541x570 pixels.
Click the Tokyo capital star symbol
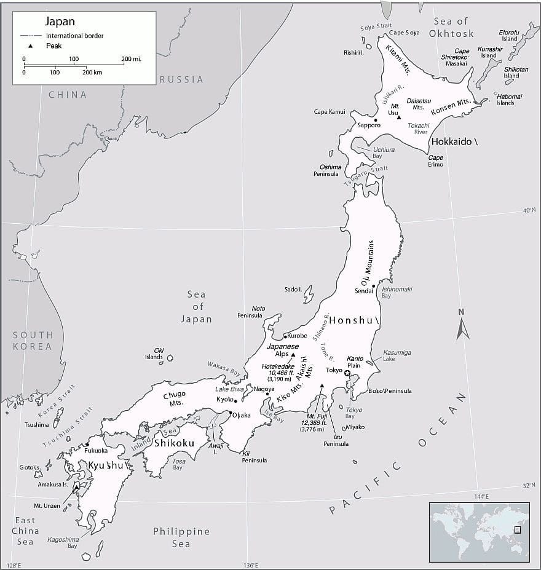[x=347, y=373]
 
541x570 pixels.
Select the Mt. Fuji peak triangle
[x=322, y=386]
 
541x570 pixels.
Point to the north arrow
[x=463, y=325]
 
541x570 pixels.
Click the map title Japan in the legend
[x=60, y=22]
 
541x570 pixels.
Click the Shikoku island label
[x=175, y=443]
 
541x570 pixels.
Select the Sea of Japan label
[x=197, y=307]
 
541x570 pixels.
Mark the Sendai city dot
[x=373, y=286]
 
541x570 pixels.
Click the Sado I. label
[x=293, y=290]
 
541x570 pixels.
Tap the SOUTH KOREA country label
[x=33, y=341]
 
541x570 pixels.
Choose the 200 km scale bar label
[x=92, y=73]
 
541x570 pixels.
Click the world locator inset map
[x=479, y=532]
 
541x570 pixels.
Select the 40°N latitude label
[x=529, y=210]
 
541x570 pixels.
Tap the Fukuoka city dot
[x=87, y=445]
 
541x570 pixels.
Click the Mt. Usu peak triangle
[x=399, y=117]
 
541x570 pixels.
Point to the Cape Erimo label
[x=435, y=161]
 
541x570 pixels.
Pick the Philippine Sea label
[x=181, y=537]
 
